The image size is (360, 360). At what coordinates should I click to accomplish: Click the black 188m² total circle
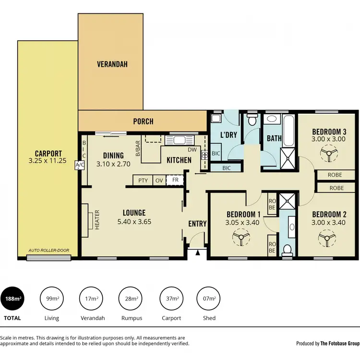click(x=13, y=299)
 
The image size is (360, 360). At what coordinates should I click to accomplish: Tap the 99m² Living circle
click(x=51, y=299)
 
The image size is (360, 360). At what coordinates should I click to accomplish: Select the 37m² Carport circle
click(x=171, y=299)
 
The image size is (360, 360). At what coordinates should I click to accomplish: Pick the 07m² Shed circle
click(x=209, y=299)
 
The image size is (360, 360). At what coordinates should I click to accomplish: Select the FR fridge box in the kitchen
click(x=176, y=180)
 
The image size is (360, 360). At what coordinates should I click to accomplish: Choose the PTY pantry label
click(x=143, y=180)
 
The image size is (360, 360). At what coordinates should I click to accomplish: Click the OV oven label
click(x=159, y=180)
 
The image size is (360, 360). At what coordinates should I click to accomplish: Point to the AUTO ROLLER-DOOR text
click(x=48, y=251)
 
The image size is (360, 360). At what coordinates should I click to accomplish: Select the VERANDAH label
click(x=112, y=64)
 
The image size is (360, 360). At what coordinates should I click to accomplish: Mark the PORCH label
click(x=143, y=121)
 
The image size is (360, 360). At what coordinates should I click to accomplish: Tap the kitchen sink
click(x=181, y=140)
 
